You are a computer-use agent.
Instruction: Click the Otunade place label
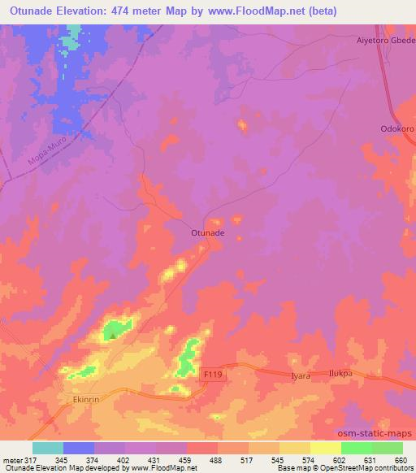click(x=207, y=233)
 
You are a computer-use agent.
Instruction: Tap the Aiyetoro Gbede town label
click(x=386, y=39)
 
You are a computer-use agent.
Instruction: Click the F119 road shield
click(x=214, y=374)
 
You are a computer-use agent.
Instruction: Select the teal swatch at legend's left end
click(x=48, y=448)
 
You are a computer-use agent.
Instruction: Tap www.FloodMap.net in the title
click(x=249, y=12)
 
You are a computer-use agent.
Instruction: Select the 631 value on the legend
click(x=371, y=460)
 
